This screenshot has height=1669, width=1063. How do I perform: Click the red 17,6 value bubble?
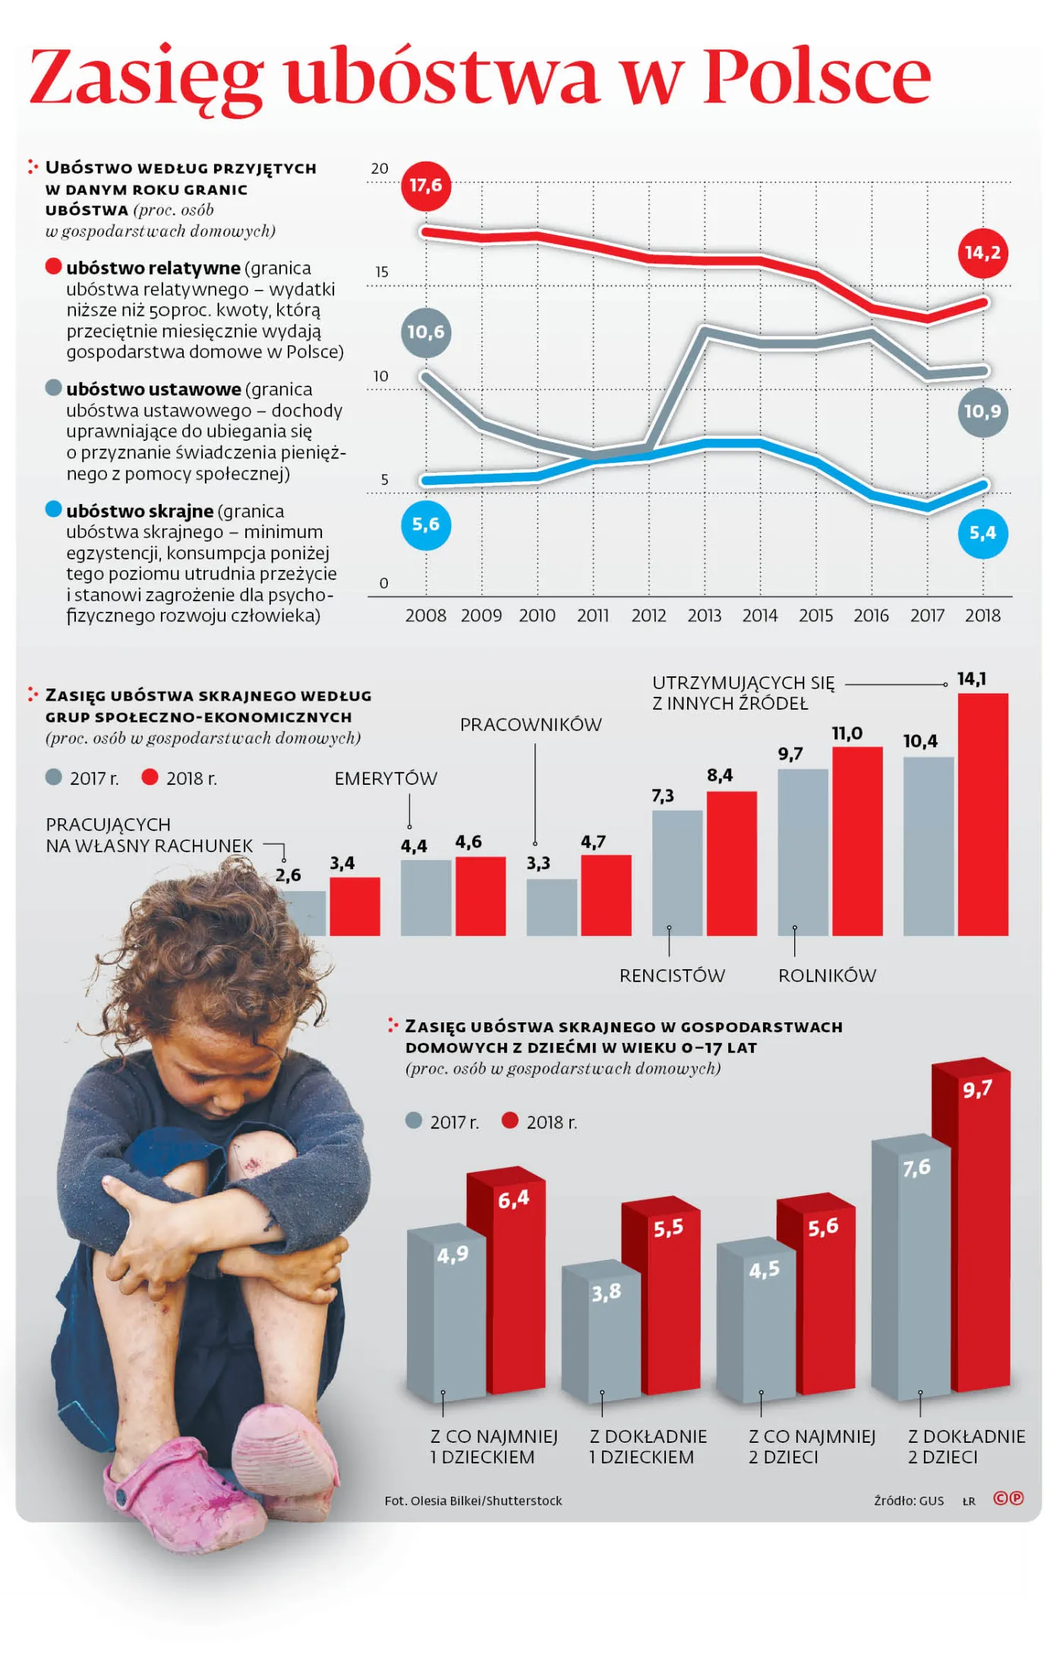tap(425, 186)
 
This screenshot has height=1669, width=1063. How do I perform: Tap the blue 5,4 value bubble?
tap(983, 534)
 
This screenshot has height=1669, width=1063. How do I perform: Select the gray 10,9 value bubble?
tap(983, 412)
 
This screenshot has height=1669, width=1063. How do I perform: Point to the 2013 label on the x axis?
tap(704, 616)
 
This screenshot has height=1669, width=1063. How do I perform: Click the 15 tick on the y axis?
tap(381, 272)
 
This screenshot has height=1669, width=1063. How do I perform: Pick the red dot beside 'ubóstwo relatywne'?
tap(53, 266)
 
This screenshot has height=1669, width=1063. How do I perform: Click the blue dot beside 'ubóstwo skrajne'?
tap(53, 509)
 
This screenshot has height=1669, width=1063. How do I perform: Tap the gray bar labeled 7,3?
tap(677, 873)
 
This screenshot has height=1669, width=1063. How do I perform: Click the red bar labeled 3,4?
tap(355, 906)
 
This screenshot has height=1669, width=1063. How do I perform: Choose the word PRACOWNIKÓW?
tap(531, 725)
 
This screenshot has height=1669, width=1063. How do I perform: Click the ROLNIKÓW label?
tap(827, 976)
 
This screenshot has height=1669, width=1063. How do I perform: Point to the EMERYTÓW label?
tap(386, 779)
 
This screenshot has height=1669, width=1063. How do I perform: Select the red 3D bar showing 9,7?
tap(976, 1230)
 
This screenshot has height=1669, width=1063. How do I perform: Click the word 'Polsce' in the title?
tap(817, 77)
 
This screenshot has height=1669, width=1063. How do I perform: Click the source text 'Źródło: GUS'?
tap(908, 1501)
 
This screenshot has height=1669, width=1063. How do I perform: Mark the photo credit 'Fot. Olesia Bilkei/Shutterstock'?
tap(473, 1501)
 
